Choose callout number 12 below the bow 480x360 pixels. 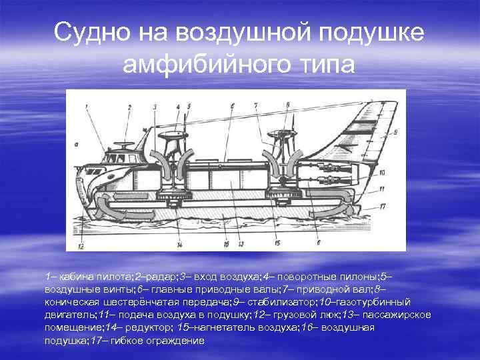pyautogui.click(x=81, y=246)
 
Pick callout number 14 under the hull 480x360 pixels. pyautogui.click(x=181, y=245)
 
